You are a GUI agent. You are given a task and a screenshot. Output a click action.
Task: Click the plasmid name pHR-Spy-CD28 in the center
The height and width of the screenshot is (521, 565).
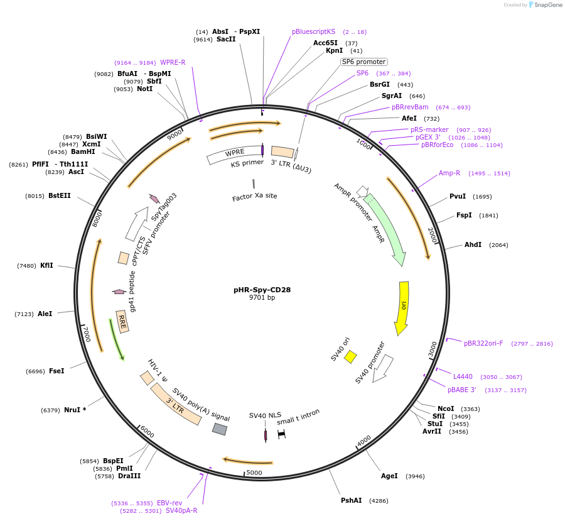(262, 290)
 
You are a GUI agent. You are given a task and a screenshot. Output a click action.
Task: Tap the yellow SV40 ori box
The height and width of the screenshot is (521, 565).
(350, 357)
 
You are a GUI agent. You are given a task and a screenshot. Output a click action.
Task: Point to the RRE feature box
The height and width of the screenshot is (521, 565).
(122, 321)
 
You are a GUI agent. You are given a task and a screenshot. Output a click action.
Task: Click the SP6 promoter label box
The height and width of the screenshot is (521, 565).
(363, 62)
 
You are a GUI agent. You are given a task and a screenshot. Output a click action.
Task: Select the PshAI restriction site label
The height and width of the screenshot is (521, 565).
(352, 500)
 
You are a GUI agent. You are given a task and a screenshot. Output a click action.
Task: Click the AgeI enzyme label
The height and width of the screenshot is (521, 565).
(389, 476)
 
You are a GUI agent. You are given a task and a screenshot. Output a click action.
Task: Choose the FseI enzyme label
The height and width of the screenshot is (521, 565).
(56, 371)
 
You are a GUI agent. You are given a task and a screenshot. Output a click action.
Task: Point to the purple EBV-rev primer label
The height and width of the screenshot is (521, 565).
(169, 503)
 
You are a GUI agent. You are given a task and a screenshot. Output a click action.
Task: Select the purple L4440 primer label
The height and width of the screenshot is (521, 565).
(463, 376)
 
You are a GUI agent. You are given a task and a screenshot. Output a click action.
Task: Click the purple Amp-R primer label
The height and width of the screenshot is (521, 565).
(449, 173)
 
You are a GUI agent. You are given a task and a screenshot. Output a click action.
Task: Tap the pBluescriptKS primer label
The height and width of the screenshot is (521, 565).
(313, 31)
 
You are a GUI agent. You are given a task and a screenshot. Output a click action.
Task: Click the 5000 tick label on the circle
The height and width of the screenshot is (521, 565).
(254, 473)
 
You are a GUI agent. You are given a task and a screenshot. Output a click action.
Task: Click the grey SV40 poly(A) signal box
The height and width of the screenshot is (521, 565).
(219, 429)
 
